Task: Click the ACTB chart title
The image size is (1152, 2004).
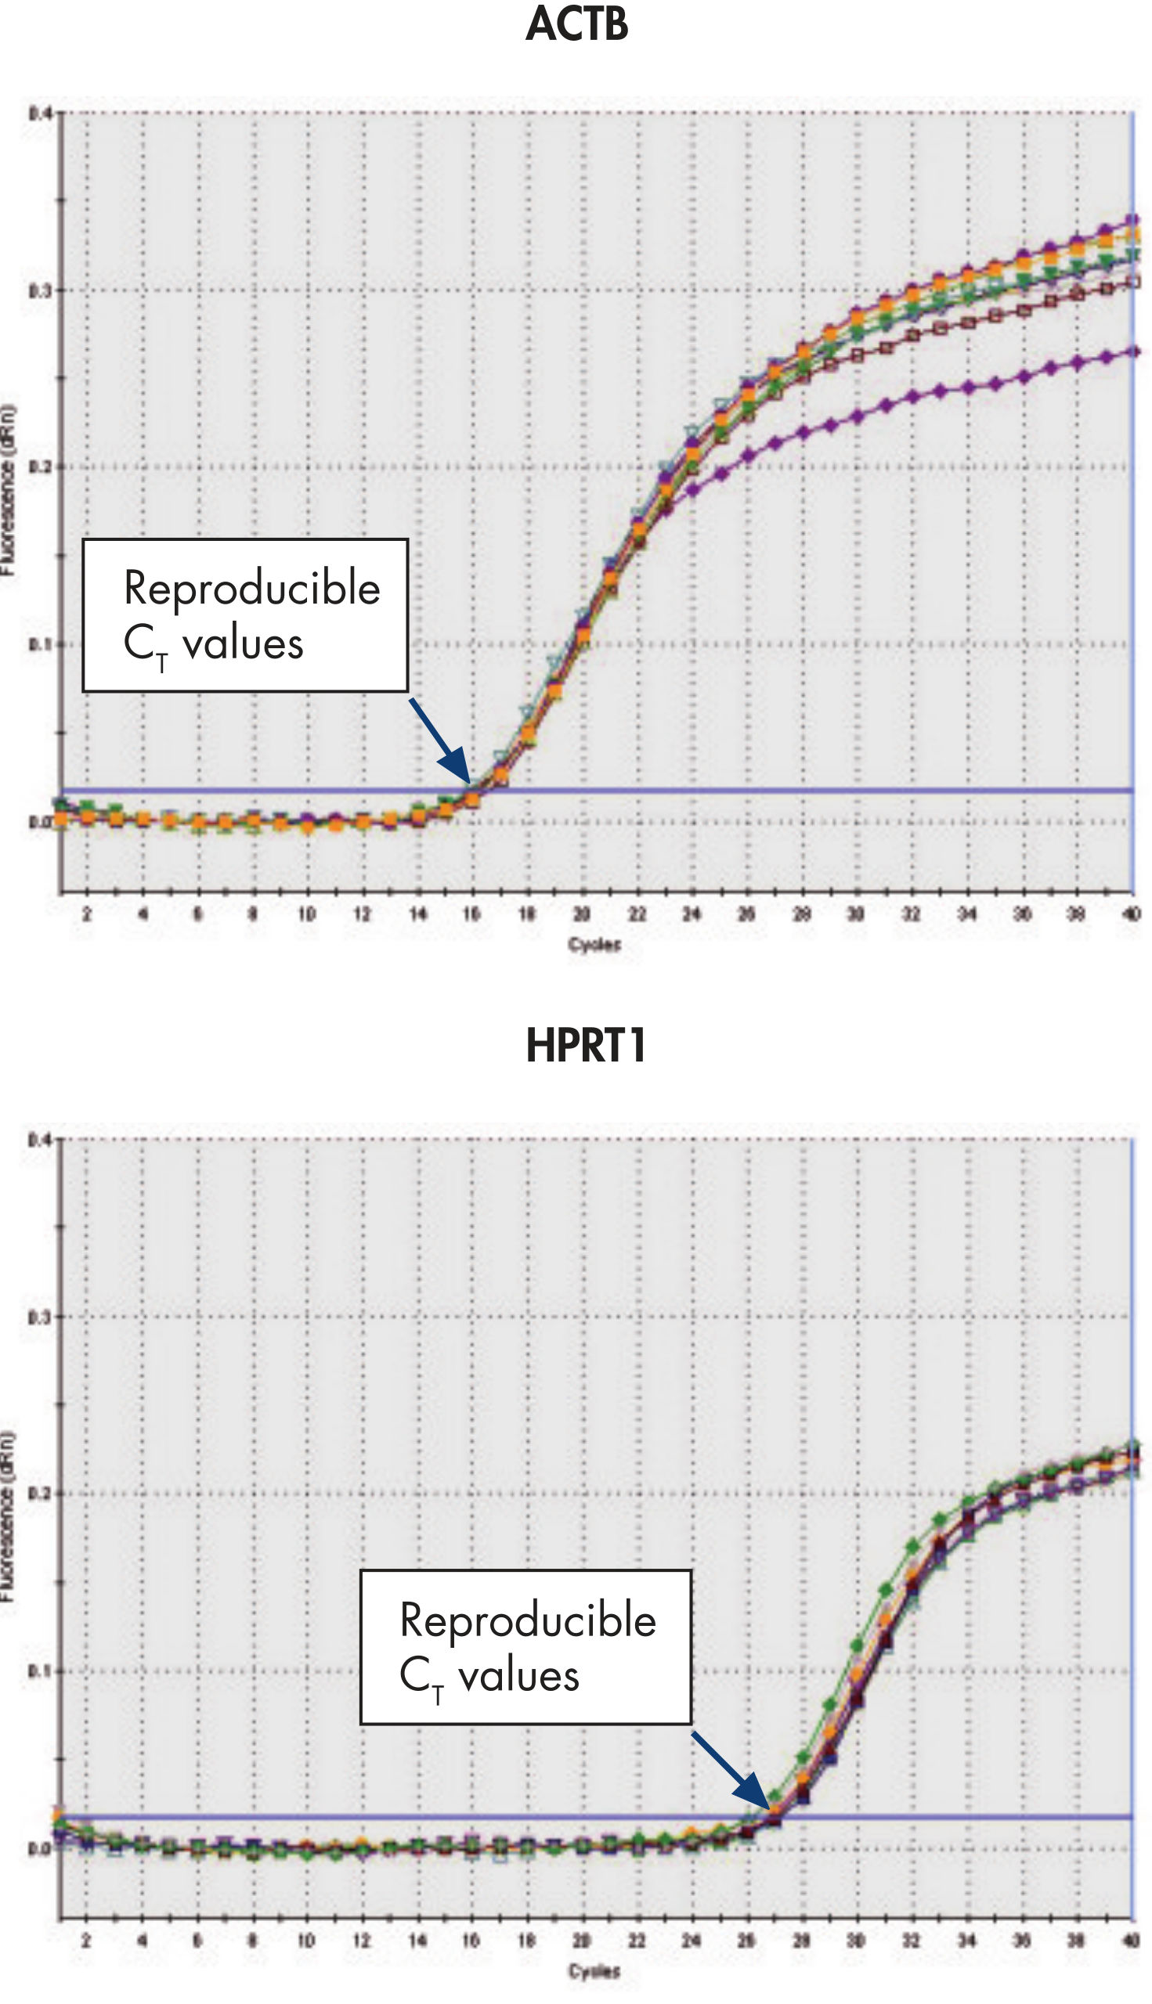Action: [x=577, y=23]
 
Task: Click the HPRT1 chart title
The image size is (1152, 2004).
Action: [x=586, y=1045]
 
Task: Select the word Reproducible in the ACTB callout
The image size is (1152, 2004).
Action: [x=251, y=589]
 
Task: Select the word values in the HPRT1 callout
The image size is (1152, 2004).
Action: [x=518, y=1676]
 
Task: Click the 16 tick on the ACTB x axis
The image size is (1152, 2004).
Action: [x=471, y=914]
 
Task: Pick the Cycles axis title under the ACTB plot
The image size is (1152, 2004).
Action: [x=594, y=944]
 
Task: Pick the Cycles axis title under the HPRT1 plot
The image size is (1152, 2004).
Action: [x=594, y=1971]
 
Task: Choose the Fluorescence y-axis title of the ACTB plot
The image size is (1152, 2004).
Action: [x=8, y=490]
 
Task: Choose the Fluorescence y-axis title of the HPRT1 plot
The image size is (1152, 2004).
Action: [x=8, y=1516]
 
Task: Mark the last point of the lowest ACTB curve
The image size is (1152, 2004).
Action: [x=1133, y=351]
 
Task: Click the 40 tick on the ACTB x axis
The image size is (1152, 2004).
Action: [x=1132, y=914]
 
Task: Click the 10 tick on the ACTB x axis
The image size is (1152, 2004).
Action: [x=306, y=914]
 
